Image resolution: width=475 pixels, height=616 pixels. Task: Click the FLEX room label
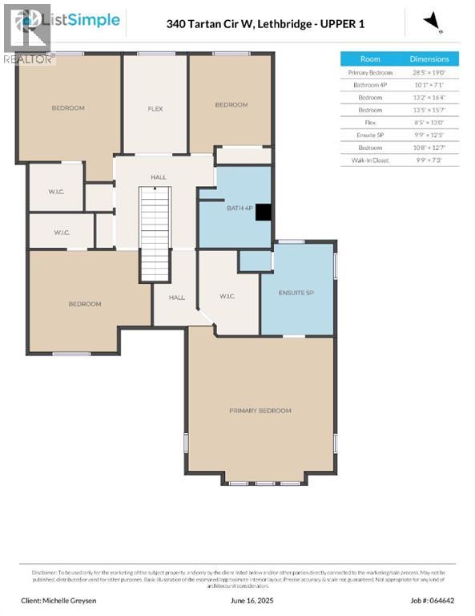click(155, 108)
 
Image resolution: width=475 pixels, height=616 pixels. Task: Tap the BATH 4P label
click(235, 209)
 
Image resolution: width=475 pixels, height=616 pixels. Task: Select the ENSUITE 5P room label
click(296, 292)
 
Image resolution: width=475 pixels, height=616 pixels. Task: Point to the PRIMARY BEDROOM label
click(260, 410)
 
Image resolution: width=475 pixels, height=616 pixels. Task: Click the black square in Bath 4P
click(263, 211)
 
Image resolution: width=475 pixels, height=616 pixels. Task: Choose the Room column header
click(370, 59)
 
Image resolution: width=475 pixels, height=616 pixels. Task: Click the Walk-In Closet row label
click(370, 160)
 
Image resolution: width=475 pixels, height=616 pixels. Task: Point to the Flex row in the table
click(370, 123)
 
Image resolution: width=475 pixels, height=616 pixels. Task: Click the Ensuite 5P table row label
click(370, 136)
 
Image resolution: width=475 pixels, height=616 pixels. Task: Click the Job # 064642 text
click(432, 599)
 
